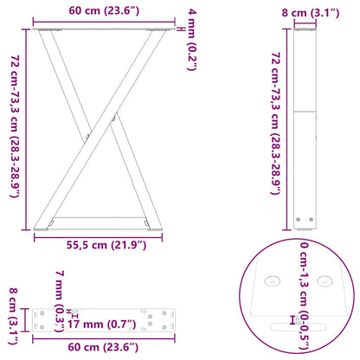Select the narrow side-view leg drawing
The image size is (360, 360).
305,130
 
